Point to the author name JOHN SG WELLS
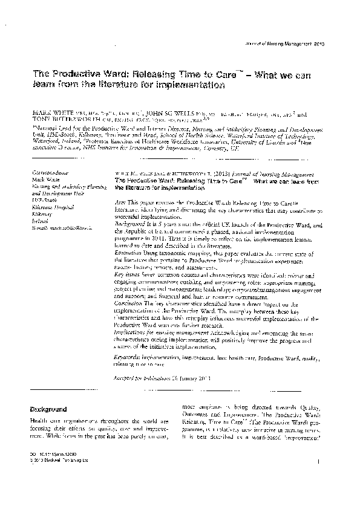pos(182,113)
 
